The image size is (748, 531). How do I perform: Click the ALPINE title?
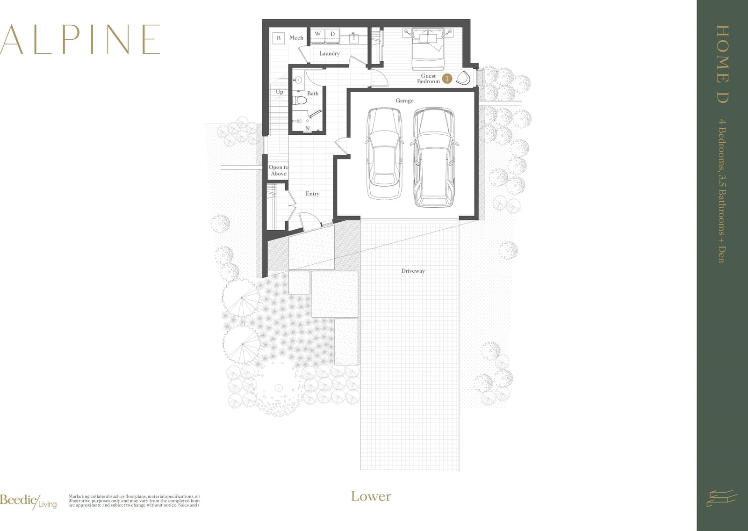[80, 40]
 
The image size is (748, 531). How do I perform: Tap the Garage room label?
[404, 101]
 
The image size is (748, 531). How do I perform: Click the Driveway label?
[413, 271]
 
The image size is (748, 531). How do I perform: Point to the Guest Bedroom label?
[428, 79]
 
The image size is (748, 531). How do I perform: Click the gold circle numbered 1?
[447, 79]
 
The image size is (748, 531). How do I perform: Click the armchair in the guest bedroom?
[463, 78]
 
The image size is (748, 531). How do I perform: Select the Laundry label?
[329, 53]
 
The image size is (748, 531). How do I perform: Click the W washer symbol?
[318, 34]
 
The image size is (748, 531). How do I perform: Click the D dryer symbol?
[332, 34]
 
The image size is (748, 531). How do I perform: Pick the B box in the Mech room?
[279, 38]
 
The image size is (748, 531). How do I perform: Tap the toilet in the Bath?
[300, 100]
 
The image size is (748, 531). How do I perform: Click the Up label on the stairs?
[280, 92]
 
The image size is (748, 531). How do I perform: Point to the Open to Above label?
[278, 170]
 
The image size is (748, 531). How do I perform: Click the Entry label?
[312, 194]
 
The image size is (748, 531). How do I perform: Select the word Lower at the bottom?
[371, 496]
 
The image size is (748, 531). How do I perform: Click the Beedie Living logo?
[28, 501]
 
